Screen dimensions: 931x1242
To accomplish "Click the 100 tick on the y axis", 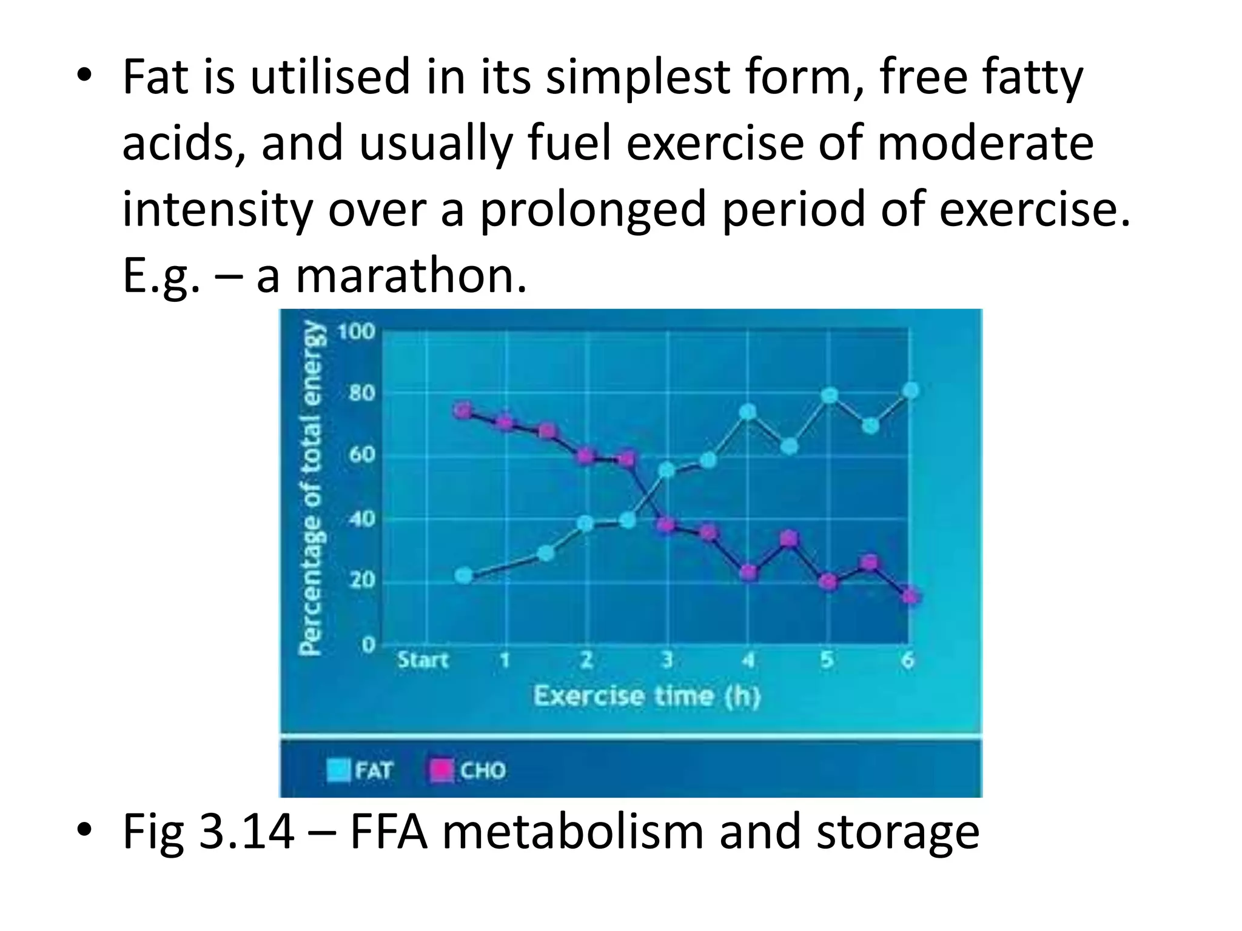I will pyautogui.click(x=357, y=332).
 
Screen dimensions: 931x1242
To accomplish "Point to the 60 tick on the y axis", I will pyautogui.click(x=362, y=455).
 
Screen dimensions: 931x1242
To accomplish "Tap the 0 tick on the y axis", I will pyautogui.click(x=368, y=645).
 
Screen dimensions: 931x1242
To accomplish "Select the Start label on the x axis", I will pyautogui.click(x=423, y=659).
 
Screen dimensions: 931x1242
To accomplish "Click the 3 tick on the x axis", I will pyautogui.click(x=667, y=659).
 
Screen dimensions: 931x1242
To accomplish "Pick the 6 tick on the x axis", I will pyautogui.click(x=908, y=659).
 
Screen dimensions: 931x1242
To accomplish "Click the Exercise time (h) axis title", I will pyautogui.click(x=647, y=696).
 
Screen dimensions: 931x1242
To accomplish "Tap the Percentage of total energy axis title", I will pyautogui.click(x=311, y=488).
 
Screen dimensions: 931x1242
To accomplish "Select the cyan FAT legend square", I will pyautogui.click(x=338, y=770).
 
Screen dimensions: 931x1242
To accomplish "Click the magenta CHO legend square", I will pyautogui.click(x=441, y=770).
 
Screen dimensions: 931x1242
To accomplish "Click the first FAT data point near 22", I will pyautogui.click(x=464, y=575).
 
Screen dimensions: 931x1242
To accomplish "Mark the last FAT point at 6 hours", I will pyautogui.click(x=910, y=391).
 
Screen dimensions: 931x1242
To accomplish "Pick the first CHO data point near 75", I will pyautogui.click(x=463, y=411).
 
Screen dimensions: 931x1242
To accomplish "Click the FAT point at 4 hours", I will pyautogui.click(x=748, y=412).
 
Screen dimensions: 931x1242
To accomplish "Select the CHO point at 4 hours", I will pyautogui.click(x=750, y=573).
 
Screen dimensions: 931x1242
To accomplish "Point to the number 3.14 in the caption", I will pyautogui.click(x=247, y=832).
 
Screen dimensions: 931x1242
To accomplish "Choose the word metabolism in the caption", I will pyautogui.click(x=572, y=832).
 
